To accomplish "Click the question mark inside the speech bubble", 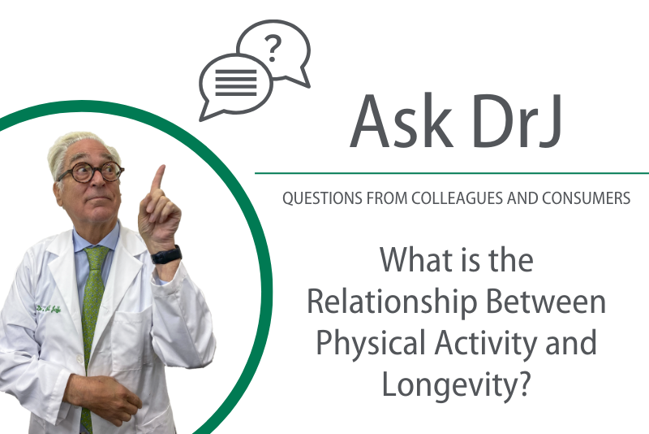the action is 273,49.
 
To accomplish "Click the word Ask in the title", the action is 402,121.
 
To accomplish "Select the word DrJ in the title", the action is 517,121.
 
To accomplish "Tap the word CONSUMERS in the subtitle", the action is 586,198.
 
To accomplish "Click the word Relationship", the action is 392,303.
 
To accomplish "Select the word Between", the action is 546,302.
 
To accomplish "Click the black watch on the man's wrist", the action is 166,255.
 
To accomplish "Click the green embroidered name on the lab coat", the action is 49,309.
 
